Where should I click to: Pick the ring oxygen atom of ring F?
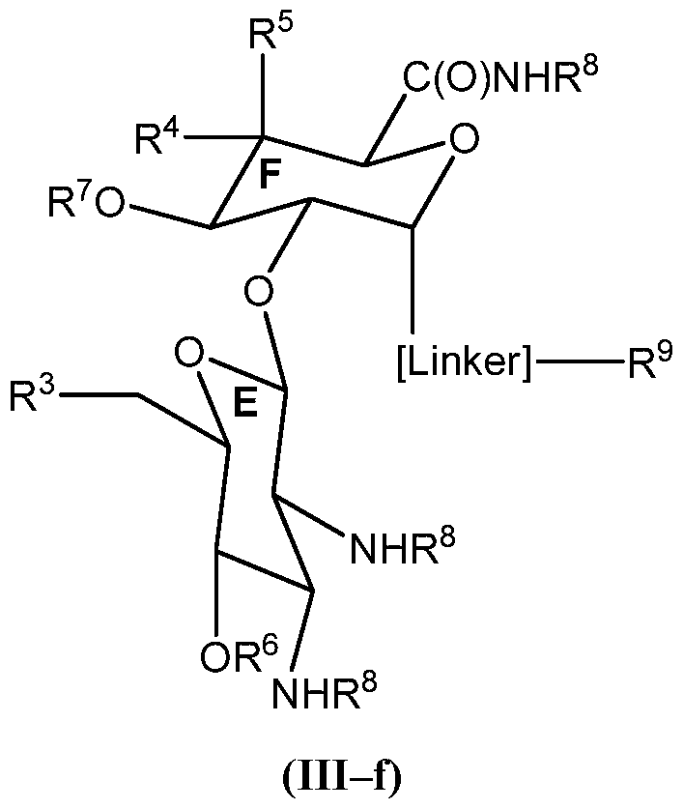tap(464, 142)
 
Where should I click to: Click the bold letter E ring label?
tap(247, 406)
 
